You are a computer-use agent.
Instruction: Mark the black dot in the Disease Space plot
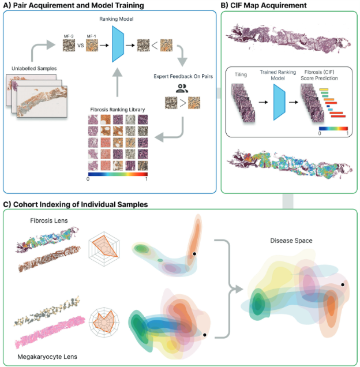343,284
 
